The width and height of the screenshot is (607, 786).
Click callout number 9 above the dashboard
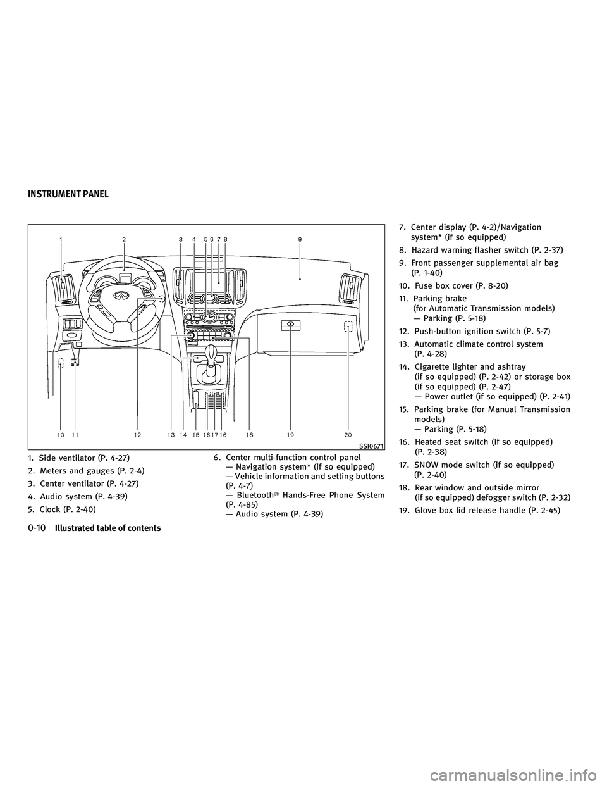tap(300, 239)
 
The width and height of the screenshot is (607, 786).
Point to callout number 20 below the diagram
tap(349, 435)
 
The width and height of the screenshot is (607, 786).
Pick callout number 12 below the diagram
tap(138, 435)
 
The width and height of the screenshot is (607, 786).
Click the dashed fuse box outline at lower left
tap(61, 364)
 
